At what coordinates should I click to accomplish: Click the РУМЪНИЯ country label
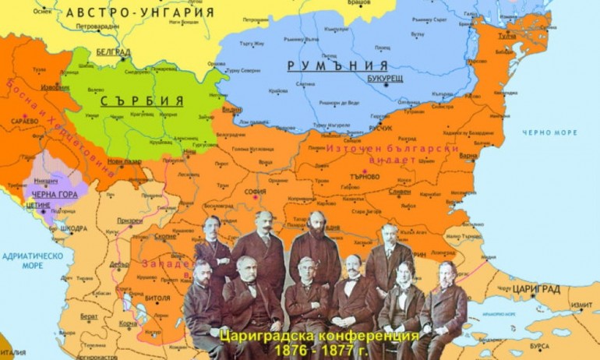pos(337,66)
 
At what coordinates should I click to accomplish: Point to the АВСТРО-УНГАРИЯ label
pos(139,12)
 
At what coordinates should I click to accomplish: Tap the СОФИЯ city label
pos(255,192)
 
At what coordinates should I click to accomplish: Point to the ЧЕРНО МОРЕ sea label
pos(550,132)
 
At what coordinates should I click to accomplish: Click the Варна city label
pos(468,155)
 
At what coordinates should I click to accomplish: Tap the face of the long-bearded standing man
pos(316,224)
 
